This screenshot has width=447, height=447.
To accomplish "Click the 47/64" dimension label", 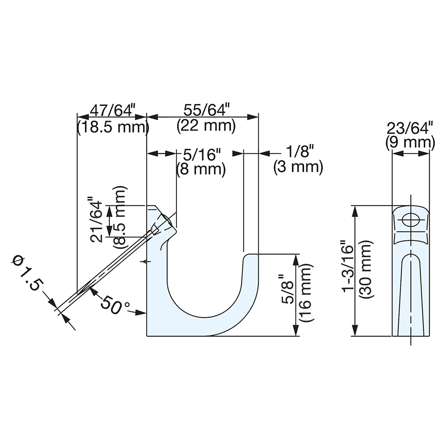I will tap(113, 110).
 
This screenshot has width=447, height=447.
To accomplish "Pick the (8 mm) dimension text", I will tap(200, 169).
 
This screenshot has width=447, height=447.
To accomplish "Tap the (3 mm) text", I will tap(298, 167).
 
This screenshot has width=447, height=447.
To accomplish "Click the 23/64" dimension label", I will tap(411, 127).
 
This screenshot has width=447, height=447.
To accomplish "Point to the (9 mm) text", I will tap(410, 143).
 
